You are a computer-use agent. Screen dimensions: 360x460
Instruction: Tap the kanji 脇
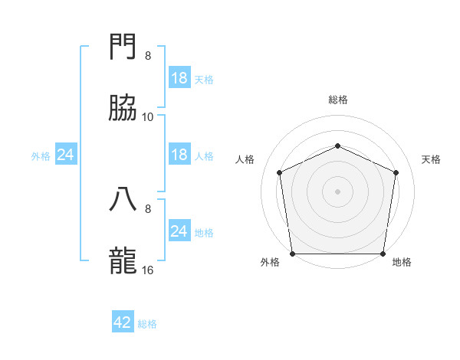coord(123,108)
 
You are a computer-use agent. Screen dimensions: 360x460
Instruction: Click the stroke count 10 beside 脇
coord(148,116)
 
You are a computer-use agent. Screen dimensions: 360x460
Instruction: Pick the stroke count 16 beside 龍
coord(148,270)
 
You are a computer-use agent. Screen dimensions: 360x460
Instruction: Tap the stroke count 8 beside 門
coord(148,55)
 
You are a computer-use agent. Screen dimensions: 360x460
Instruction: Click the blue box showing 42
coord(123,322)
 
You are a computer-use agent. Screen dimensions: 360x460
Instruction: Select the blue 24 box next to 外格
coord(65,155)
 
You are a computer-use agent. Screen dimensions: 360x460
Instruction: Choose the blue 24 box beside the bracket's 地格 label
coord(179,231)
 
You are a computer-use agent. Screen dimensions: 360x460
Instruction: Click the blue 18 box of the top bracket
coord(179,78)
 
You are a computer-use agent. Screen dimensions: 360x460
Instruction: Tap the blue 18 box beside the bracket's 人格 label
coord(179,155)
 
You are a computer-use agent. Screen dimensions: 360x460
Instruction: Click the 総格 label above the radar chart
coord(337,100)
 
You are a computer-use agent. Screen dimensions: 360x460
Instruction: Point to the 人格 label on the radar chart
coord(245,159)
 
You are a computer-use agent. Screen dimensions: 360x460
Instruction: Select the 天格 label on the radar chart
coord(431,159)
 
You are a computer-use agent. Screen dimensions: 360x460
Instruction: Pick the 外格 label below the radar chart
coord(270,262)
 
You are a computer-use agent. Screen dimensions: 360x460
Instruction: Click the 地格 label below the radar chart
coord(402,262)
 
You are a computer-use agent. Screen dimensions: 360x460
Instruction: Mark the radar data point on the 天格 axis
coord(396,172)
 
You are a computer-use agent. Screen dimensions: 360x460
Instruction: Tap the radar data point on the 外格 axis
coord(293,254)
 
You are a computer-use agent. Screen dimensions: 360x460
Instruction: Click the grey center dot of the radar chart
coord(337,191)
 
